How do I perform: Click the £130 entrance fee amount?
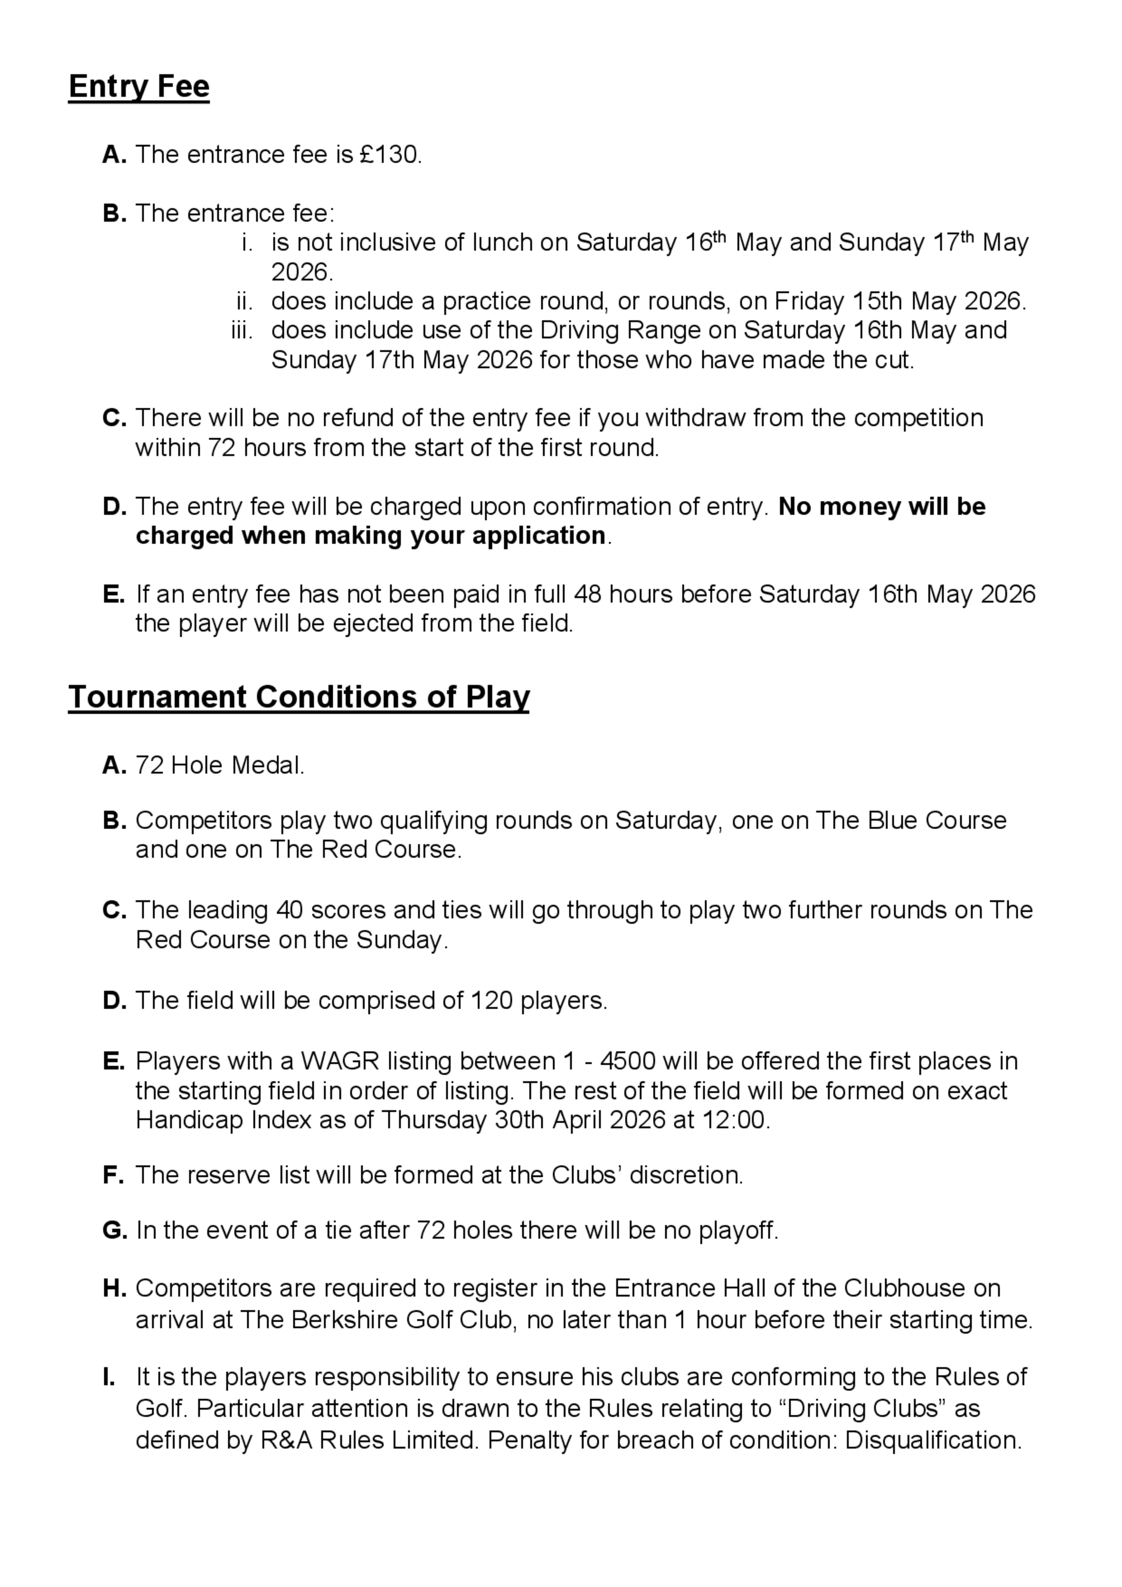point(389,155)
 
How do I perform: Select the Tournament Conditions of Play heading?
point(298,697)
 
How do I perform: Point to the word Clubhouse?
point(904,1289)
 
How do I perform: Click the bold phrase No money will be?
point(881,507)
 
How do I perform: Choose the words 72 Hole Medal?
point(219,766)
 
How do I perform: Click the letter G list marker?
point(114,1230)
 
